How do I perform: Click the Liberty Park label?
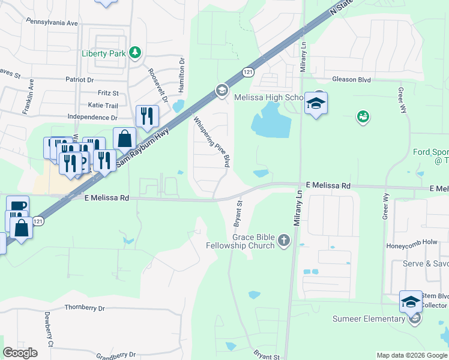click(103, 53)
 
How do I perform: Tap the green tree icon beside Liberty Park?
click(136, 53)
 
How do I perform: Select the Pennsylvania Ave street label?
click(52, 22)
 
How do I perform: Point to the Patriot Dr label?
click(80, 79)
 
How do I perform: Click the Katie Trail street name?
click(103, 105)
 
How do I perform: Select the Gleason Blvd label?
click(351, 79)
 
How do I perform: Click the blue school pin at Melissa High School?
click(316, 103)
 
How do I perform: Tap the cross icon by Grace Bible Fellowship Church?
click(284, 241)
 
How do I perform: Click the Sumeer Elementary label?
click(370, 319)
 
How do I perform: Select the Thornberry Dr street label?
click(84, 308)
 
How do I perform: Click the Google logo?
click(20, 353)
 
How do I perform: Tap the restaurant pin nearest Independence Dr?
click(147, 115)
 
